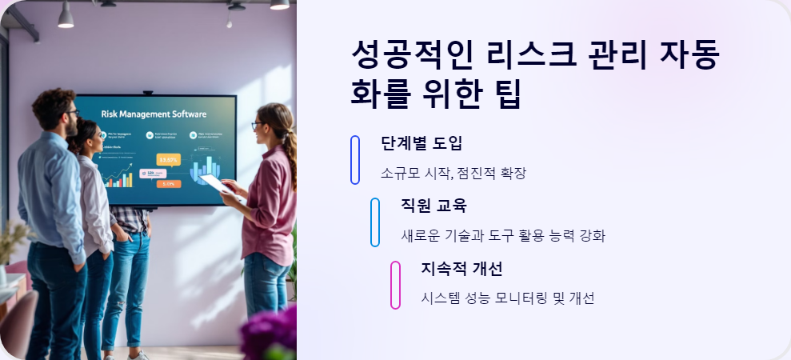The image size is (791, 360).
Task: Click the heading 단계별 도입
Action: (x=421, y=144)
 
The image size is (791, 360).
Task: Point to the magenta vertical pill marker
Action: (x=395, y=285)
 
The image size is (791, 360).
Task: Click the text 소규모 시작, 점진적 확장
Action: (x=453, y=173)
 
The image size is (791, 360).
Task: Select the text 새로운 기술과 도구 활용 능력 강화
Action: (x=503, y=235)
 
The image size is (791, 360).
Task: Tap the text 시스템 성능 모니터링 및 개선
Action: (x=507, y=298)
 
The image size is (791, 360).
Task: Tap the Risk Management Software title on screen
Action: (x=154, y=114)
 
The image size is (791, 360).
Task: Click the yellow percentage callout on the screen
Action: (x=169, y=159)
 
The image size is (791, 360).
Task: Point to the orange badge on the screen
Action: (x=169, y=184)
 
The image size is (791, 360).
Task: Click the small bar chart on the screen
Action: (x=119, y=180)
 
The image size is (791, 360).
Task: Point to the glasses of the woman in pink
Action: (x=256, y=126)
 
